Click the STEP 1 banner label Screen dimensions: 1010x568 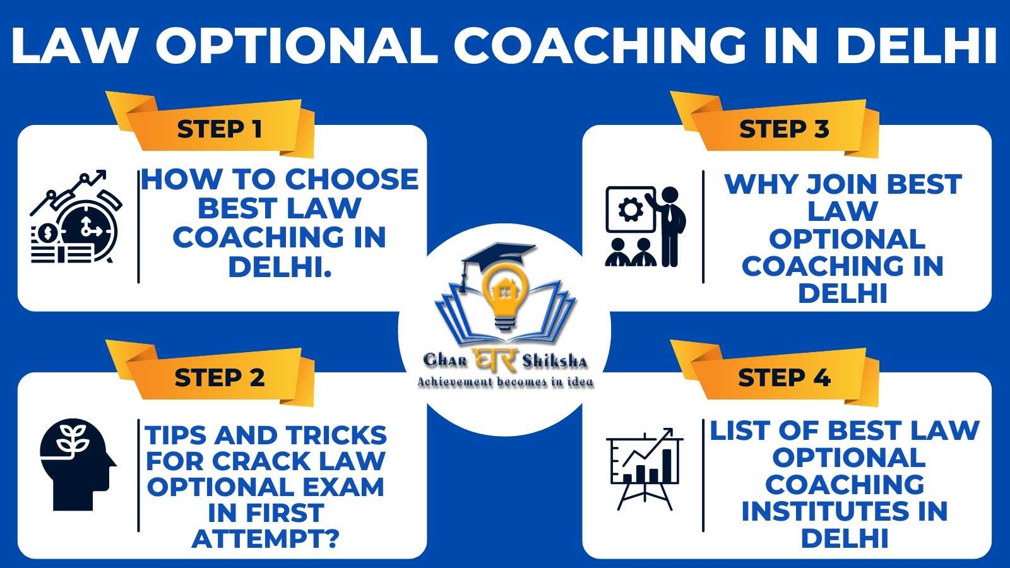point(219,129)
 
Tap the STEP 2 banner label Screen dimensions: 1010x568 point(219,377)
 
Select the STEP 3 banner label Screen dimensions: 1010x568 point(784,129)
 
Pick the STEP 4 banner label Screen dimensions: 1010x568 point(784,377)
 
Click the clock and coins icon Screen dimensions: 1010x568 point(76,217)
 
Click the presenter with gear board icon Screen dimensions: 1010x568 point(646,227)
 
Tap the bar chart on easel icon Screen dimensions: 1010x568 point(645,469)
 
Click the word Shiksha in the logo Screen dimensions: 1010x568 point(555,361)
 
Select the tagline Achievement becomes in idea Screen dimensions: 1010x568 point(505,382)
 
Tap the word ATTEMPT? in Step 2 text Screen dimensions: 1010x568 point(266,539)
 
